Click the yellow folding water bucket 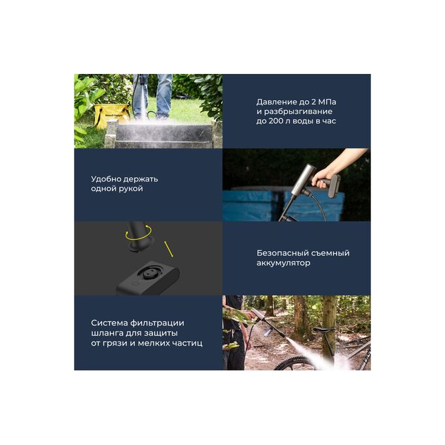[111, 115]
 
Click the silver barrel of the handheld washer [302, 179]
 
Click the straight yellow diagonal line [169, 249]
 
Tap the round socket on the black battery [150, 274]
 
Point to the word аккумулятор [283, 263]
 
